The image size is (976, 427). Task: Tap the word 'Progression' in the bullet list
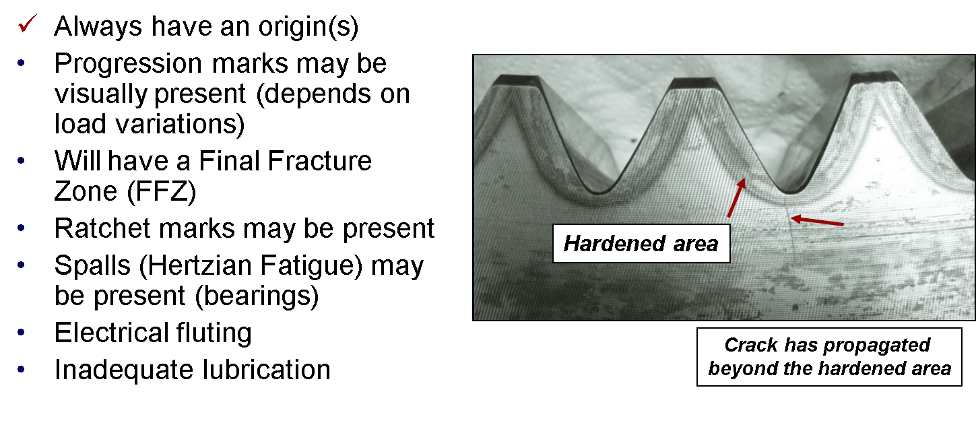point(128,63)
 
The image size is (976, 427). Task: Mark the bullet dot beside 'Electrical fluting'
point(22,333)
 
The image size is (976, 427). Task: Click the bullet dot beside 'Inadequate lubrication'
point(22,369)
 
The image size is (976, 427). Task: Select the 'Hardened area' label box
point(641,244)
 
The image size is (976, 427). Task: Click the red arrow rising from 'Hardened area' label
point(736,198)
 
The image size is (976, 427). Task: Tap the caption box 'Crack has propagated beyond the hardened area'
point(829,357)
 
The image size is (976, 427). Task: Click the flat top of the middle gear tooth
point(694,84)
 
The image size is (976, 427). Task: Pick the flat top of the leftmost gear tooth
point(517,80)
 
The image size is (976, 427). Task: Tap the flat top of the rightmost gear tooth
point(874,77)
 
